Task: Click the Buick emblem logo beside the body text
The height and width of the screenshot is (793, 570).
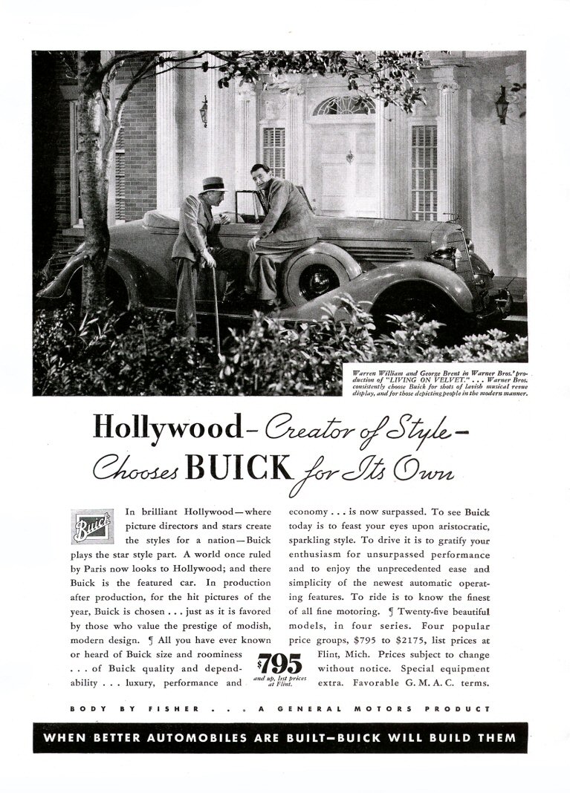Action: coord(93,526)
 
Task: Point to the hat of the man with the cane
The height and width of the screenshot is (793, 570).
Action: coord(213,183)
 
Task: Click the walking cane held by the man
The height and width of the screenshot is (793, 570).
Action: coord(216,308)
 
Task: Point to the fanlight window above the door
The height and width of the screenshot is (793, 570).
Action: coord(343,106)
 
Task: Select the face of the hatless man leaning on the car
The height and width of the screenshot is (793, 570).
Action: coord(260,177)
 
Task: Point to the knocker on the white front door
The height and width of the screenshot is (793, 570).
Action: coord(349,157)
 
